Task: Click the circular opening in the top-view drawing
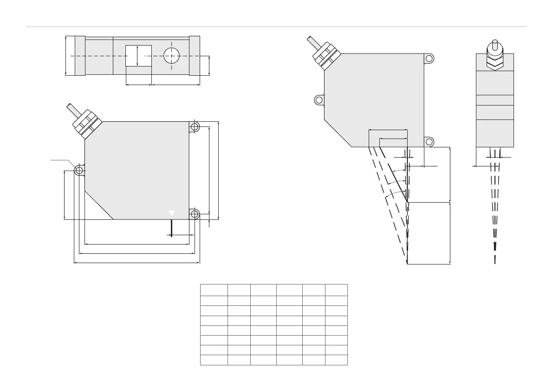(172, 55)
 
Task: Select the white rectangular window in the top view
(139, 55)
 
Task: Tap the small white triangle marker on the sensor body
(172, 212)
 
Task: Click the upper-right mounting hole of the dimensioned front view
(195, 126)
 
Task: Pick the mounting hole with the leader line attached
(78, 171)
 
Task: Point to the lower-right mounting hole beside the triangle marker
(195, 214)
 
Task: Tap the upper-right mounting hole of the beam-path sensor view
(429, 58)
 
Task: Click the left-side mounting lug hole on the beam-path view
(319, 99)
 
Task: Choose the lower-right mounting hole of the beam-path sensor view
(429, 142)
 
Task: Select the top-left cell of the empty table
(214, 290)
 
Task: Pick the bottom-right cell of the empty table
(336, 360)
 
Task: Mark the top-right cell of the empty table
(336, 290)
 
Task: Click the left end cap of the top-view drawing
(79, 55)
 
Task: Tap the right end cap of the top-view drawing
(195, 55)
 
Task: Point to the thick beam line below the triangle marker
(172, 228)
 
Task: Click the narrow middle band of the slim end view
(495, 100)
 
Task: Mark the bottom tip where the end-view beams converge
(495, 261)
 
